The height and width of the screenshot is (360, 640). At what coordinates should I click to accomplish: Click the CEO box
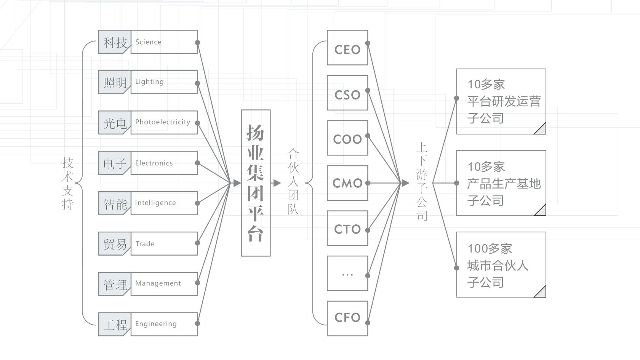coord(347,47)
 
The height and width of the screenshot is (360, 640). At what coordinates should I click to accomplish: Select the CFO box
coord(347,318)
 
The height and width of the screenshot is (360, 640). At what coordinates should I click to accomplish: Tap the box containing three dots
coord(347,273)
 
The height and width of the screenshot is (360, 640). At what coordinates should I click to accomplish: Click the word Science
coord(148,42)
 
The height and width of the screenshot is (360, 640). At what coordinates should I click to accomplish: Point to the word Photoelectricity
coord(163,122)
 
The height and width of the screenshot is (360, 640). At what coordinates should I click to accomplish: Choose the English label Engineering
coord(156,324)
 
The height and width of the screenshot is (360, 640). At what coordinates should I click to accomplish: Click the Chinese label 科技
coord(115,43)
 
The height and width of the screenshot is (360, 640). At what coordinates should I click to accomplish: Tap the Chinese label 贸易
coord(115,244)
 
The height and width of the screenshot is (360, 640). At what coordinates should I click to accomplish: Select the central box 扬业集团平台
coord(256,183)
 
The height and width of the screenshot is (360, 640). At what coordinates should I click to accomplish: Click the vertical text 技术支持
coord(68,184)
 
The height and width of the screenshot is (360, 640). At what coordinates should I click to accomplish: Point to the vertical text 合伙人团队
coord(293,181)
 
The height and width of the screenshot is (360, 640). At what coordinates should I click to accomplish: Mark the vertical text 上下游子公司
coord(422,181)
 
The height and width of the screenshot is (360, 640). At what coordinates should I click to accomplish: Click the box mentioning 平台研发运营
coord(501,101)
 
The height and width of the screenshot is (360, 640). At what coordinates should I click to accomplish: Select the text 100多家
coord(490,248)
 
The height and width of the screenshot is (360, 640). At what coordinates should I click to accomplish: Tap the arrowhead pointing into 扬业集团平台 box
coord(237,183)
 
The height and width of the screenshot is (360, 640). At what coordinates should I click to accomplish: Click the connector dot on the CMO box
coord(368,183)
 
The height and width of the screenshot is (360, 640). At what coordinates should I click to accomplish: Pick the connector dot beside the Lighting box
coord(197,83)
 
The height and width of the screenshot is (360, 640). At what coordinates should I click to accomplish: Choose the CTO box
coord(347,228)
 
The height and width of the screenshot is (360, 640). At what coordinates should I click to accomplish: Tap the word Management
coord(158,283)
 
